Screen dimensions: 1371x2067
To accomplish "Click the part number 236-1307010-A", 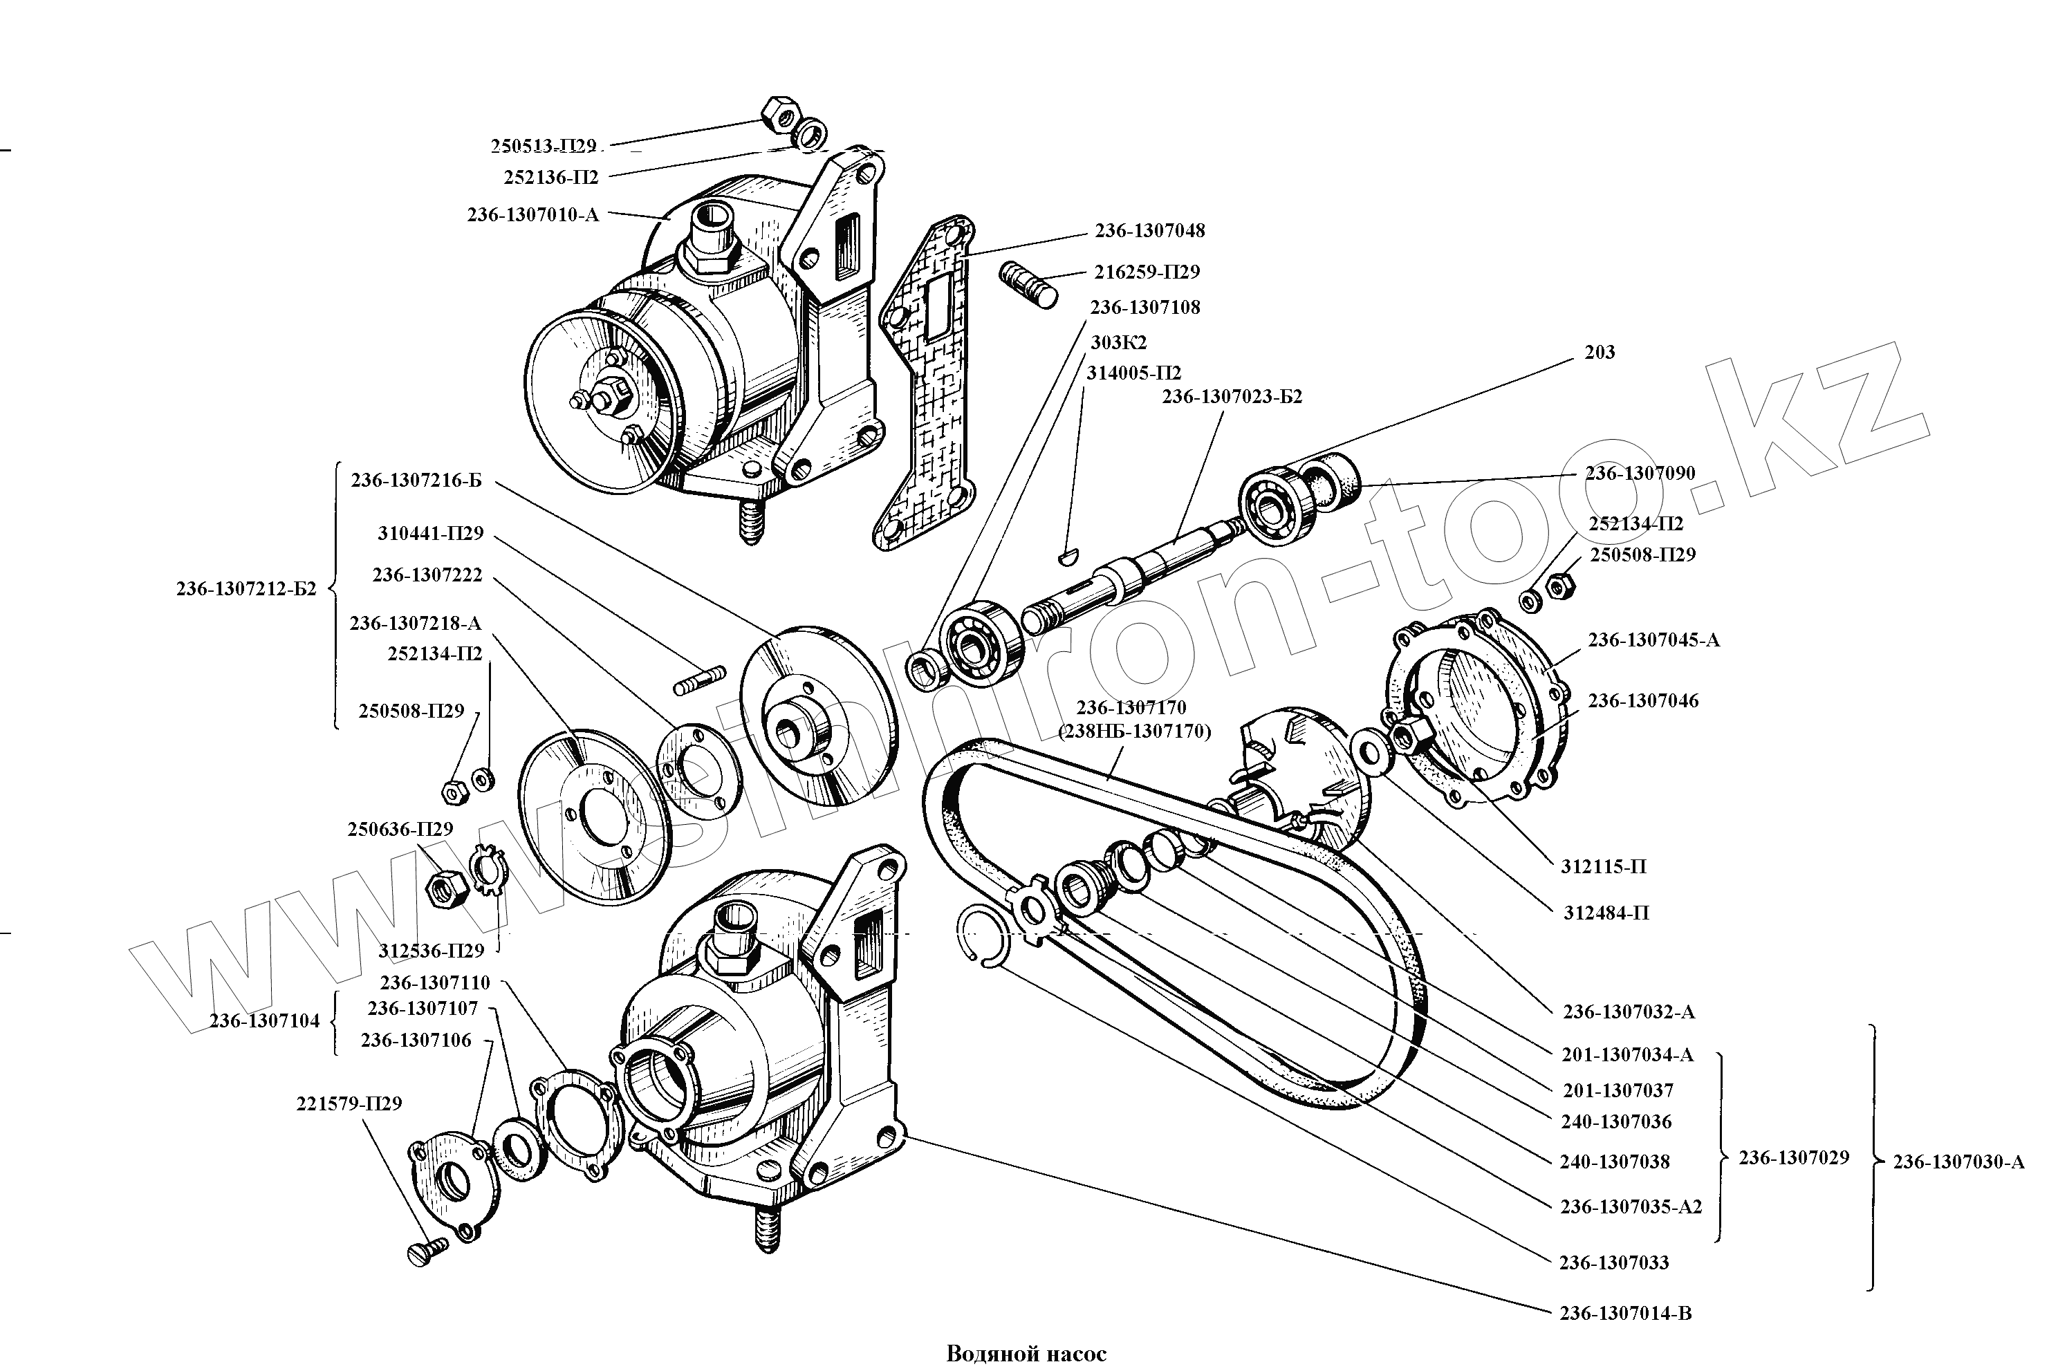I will pos(533,214).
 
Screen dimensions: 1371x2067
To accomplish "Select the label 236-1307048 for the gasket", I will pos(1149,231).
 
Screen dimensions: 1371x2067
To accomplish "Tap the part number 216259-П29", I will pos(1147,272).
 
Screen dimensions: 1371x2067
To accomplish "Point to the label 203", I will pos(1600,353).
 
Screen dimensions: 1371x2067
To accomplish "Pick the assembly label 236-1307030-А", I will pos(1958,1162).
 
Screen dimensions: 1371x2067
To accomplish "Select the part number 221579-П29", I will pos(349,1104).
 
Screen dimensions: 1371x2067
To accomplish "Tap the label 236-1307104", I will pos(264,1021).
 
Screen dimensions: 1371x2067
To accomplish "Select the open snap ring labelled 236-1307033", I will pos(983,936).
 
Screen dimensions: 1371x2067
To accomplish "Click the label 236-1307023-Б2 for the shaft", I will pos(1231,397).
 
